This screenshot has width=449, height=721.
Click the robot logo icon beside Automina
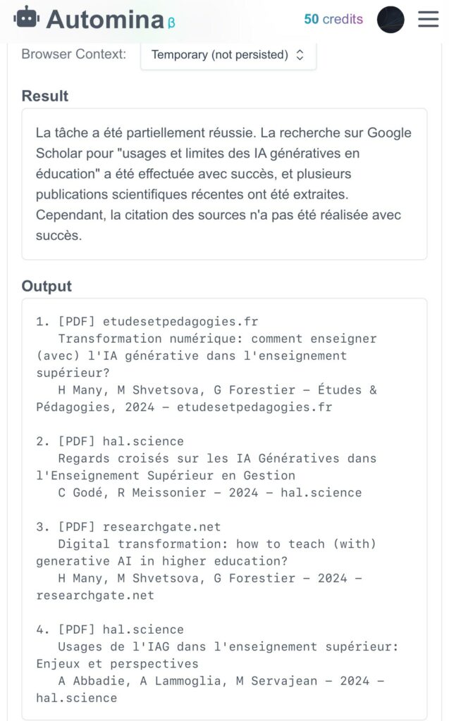click(x=27, y=18)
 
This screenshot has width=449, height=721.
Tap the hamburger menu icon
click(x=428, y=19)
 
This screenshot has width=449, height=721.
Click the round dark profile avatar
click(x=390, y=20)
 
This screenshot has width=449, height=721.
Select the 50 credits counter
click(x=333, y=20)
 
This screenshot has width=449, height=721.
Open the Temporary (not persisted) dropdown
click(x=228, y=54)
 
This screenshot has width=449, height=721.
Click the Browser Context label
click(x=74, y=54)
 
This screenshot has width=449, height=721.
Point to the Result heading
click(x=45, y=96)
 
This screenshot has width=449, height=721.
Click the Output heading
click(x=47, y=286)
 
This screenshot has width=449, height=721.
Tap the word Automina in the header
click(x=105, y=20)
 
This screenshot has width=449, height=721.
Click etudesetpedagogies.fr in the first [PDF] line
click(x=180, y=322)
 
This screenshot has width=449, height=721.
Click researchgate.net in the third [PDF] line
click(x=161, y=527)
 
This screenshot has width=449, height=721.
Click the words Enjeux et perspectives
click(x=118, y=664)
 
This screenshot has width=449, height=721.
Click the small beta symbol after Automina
click(x=171, y=23)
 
